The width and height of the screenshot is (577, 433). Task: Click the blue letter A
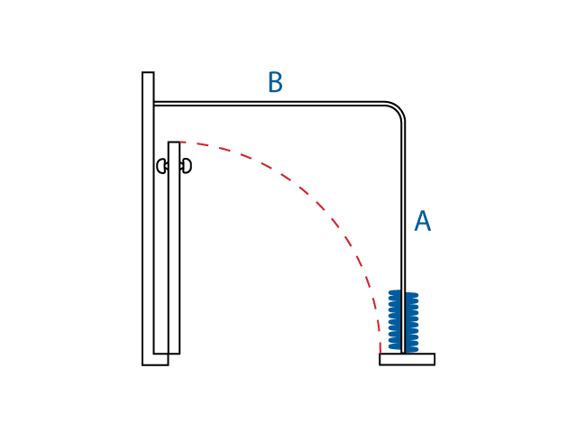422,222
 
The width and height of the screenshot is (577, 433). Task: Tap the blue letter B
275,83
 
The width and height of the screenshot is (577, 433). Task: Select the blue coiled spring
403,321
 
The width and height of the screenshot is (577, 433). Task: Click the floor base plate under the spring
407,359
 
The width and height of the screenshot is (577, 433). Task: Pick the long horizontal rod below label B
270,104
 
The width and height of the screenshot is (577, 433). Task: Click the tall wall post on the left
148,216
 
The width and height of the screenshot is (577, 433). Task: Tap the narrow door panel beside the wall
174,253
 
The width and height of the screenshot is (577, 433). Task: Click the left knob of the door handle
161,166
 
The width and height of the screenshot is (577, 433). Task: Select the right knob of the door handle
187,166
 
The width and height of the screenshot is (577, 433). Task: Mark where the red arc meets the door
180,143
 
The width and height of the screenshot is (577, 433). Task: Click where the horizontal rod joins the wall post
154,104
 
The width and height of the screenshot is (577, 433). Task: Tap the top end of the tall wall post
148,74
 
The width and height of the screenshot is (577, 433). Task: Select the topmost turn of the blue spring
403,292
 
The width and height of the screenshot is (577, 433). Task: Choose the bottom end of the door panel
167,352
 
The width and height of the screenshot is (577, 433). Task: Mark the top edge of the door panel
174,143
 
